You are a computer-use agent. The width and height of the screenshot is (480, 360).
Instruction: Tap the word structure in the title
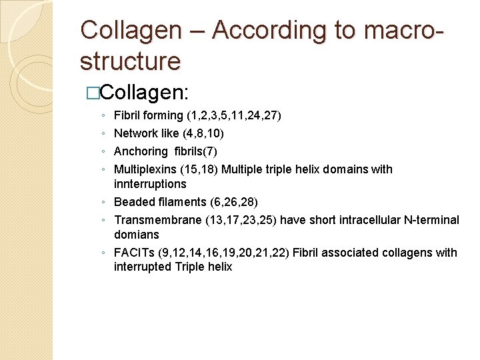pyautogui.click(x=130, y=61)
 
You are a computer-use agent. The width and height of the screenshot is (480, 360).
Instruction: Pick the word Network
pyautogui.click(x=135, y=133)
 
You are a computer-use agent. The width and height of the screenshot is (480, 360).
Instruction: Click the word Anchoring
pyautogui.click(x=141, y=151)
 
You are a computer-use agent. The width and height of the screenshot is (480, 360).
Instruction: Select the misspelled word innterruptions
pyautogui.click(x=150, y=184)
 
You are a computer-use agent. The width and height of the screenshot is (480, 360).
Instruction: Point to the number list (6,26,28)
pyautogui.click(x=232, y=202)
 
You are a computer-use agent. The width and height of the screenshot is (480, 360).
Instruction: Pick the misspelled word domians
pyautogui.click(x=137, y=235)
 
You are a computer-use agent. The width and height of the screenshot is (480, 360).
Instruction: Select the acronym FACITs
pyautogui.click(x=134, y=253)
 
